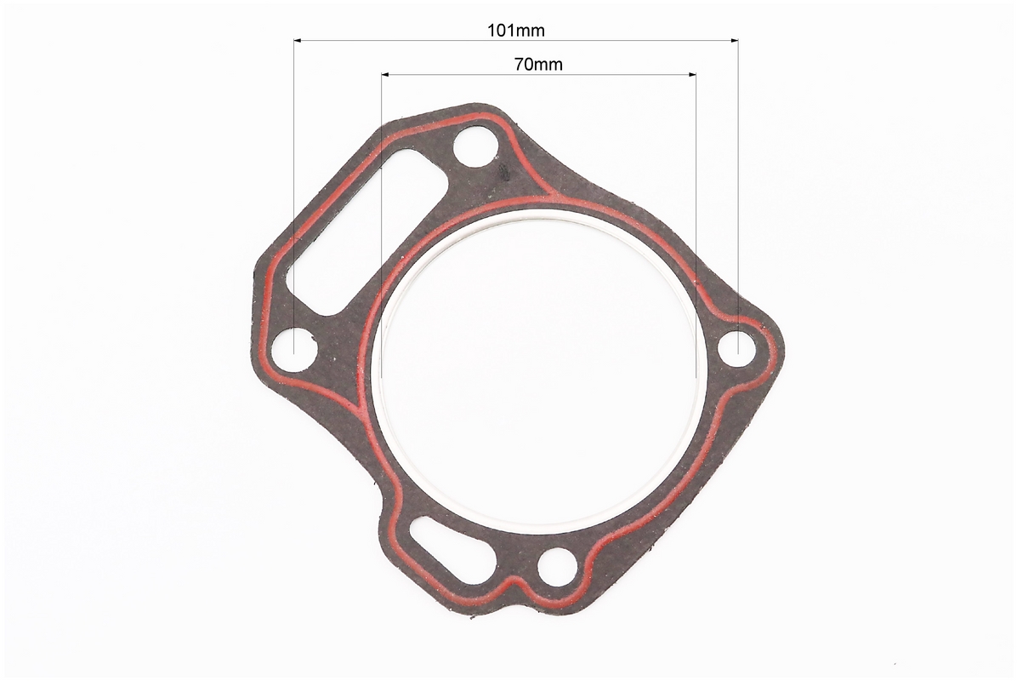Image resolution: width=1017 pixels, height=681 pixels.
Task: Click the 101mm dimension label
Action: [515, 30]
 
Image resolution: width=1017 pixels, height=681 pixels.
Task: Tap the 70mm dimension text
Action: [538, 65]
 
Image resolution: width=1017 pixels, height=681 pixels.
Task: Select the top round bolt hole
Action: [476, 149]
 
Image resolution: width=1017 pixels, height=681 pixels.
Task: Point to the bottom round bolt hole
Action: [557, 566]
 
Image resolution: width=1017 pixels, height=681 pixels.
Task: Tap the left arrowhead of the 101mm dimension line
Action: [298, 41]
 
